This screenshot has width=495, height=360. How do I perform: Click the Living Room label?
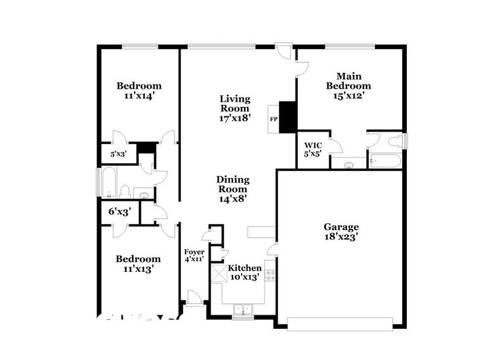(x=236, y=108)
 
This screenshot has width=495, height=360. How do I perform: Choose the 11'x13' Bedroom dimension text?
(x=139, y=268)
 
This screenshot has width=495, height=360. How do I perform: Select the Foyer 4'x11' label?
(x=195, y=256)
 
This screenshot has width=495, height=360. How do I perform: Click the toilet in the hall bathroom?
(x=125, y=192)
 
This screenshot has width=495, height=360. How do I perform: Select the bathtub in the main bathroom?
(x=384, y=162)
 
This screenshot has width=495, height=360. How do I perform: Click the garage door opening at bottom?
(x=340, y=323)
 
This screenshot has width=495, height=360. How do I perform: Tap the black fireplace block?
(x=288, y=116)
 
